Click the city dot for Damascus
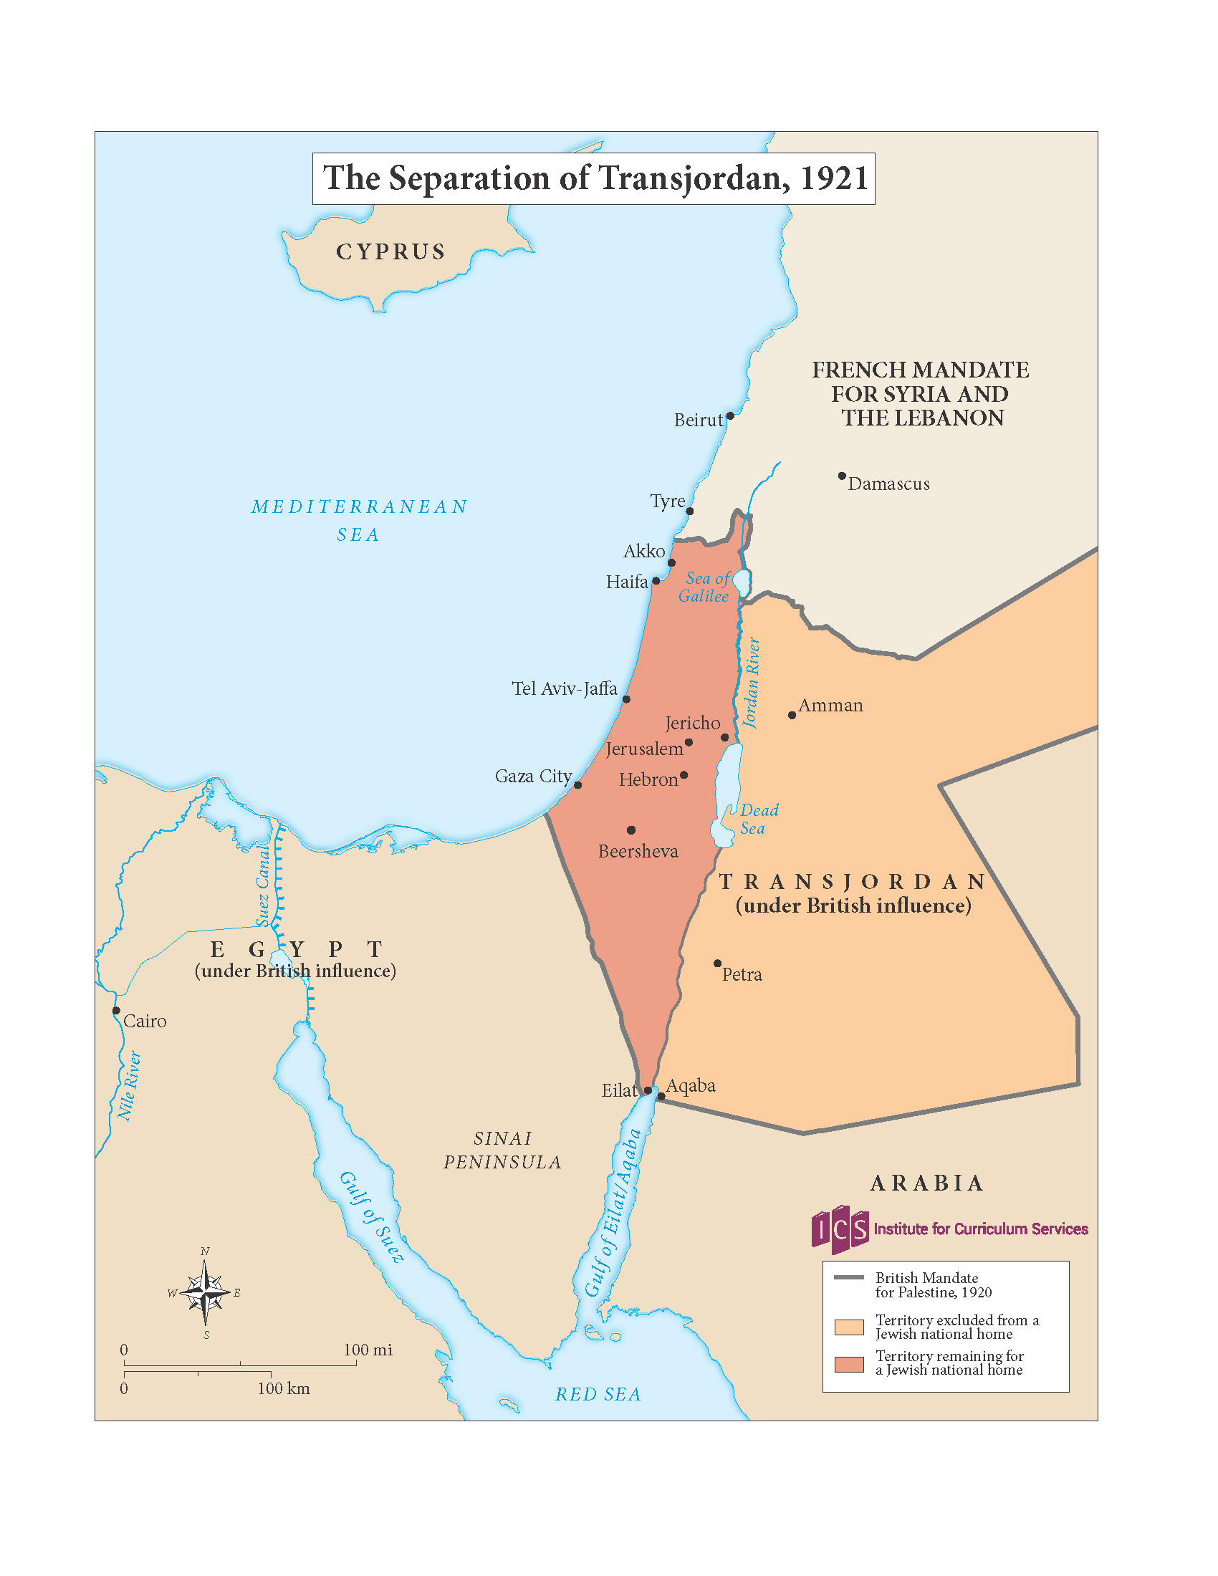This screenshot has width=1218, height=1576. click(841, 476)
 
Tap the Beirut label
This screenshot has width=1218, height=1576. click(697, 420)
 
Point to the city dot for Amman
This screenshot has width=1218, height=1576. click(792, 715)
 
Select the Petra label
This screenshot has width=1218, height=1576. click(742, 974)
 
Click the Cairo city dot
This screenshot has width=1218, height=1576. click(116, 1010)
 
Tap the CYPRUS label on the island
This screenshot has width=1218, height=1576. click(390, 252)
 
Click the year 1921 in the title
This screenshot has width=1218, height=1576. click(833, 178)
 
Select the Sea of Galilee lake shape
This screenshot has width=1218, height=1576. click(741, 583)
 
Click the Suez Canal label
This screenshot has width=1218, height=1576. click(263, 886)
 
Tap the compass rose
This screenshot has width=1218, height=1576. click(206, 1293)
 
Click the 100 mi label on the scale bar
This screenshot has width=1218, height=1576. click(368, 1350)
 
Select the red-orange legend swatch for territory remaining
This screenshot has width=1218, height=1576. click(848, 1364)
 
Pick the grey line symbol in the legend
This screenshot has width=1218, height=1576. click(848, 1278)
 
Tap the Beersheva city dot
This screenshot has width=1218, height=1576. click(630, 830)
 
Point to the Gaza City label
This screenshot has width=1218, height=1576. click(532, 776)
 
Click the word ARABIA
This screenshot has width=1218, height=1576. click(926, 1183)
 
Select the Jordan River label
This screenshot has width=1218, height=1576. click(751, 683)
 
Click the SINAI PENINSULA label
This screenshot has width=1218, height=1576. click(502, 1150)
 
